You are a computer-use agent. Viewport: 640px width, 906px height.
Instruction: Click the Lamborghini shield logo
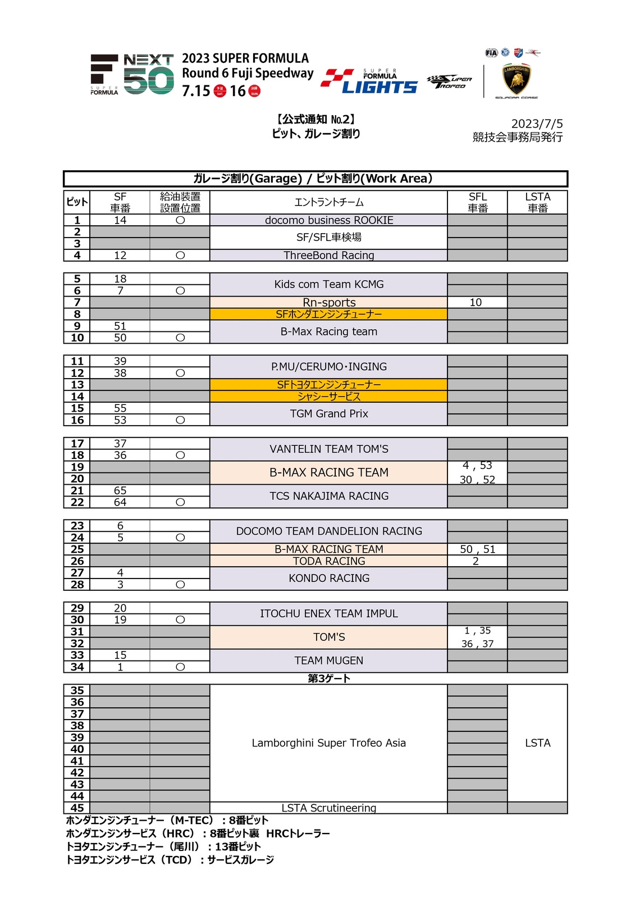pos(516,80)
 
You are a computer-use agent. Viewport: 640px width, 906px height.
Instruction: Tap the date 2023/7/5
pos(537,124)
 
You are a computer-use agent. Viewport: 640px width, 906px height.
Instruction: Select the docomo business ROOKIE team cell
pos(329,220)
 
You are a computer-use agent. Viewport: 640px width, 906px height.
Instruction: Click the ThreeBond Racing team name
pos(329,256)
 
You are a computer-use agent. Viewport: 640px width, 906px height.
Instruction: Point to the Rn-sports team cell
pos(329,302)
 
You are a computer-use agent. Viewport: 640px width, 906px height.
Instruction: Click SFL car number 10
pos(476,302)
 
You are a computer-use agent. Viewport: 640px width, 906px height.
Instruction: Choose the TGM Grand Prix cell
pos(329,414)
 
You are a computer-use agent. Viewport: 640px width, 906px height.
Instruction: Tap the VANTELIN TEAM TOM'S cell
pos(329,449)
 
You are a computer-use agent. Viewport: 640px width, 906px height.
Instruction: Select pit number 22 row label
pos(77,502)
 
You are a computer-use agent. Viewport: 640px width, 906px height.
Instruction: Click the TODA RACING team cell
pos(329,561)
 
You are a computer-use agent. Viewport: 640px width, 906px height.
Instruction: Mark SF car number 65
pos(120,490)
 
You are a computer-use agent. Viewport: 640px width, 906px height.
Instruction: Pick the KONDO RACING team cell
pos(329,578)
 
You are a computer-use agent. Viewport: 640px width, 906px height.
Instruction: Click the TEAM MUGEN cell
pos(329,661)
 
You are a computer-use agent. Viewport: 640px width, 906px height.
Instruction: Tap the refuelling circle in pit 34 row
pos(180,667)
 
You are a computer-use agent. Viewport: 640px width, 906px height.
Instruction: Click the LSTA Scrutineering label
pos(329,808)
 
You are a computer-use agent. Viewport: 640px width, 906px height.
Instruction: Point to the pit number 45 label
pos(77,808)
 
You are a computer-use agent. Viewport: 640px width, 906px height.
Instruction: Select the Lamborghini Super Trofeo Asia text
pos(329,743)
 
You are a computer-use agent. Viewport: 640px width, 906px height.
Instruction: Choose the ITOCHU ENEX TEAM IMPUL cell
pos(329,613)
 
